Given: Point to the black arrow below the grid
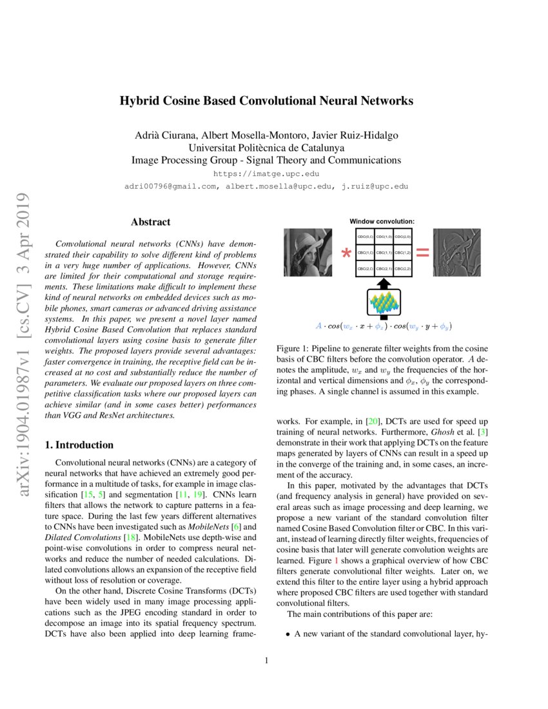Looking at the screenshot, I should click(x=382, y=284).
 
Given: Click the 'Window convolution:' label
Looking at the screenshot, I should click(x=382, y=221).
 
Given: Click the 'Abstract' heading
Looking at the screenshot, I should click(x=150, y=222).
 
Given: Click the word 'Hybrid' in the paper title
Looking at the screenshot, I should click(x=139, y=101).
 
